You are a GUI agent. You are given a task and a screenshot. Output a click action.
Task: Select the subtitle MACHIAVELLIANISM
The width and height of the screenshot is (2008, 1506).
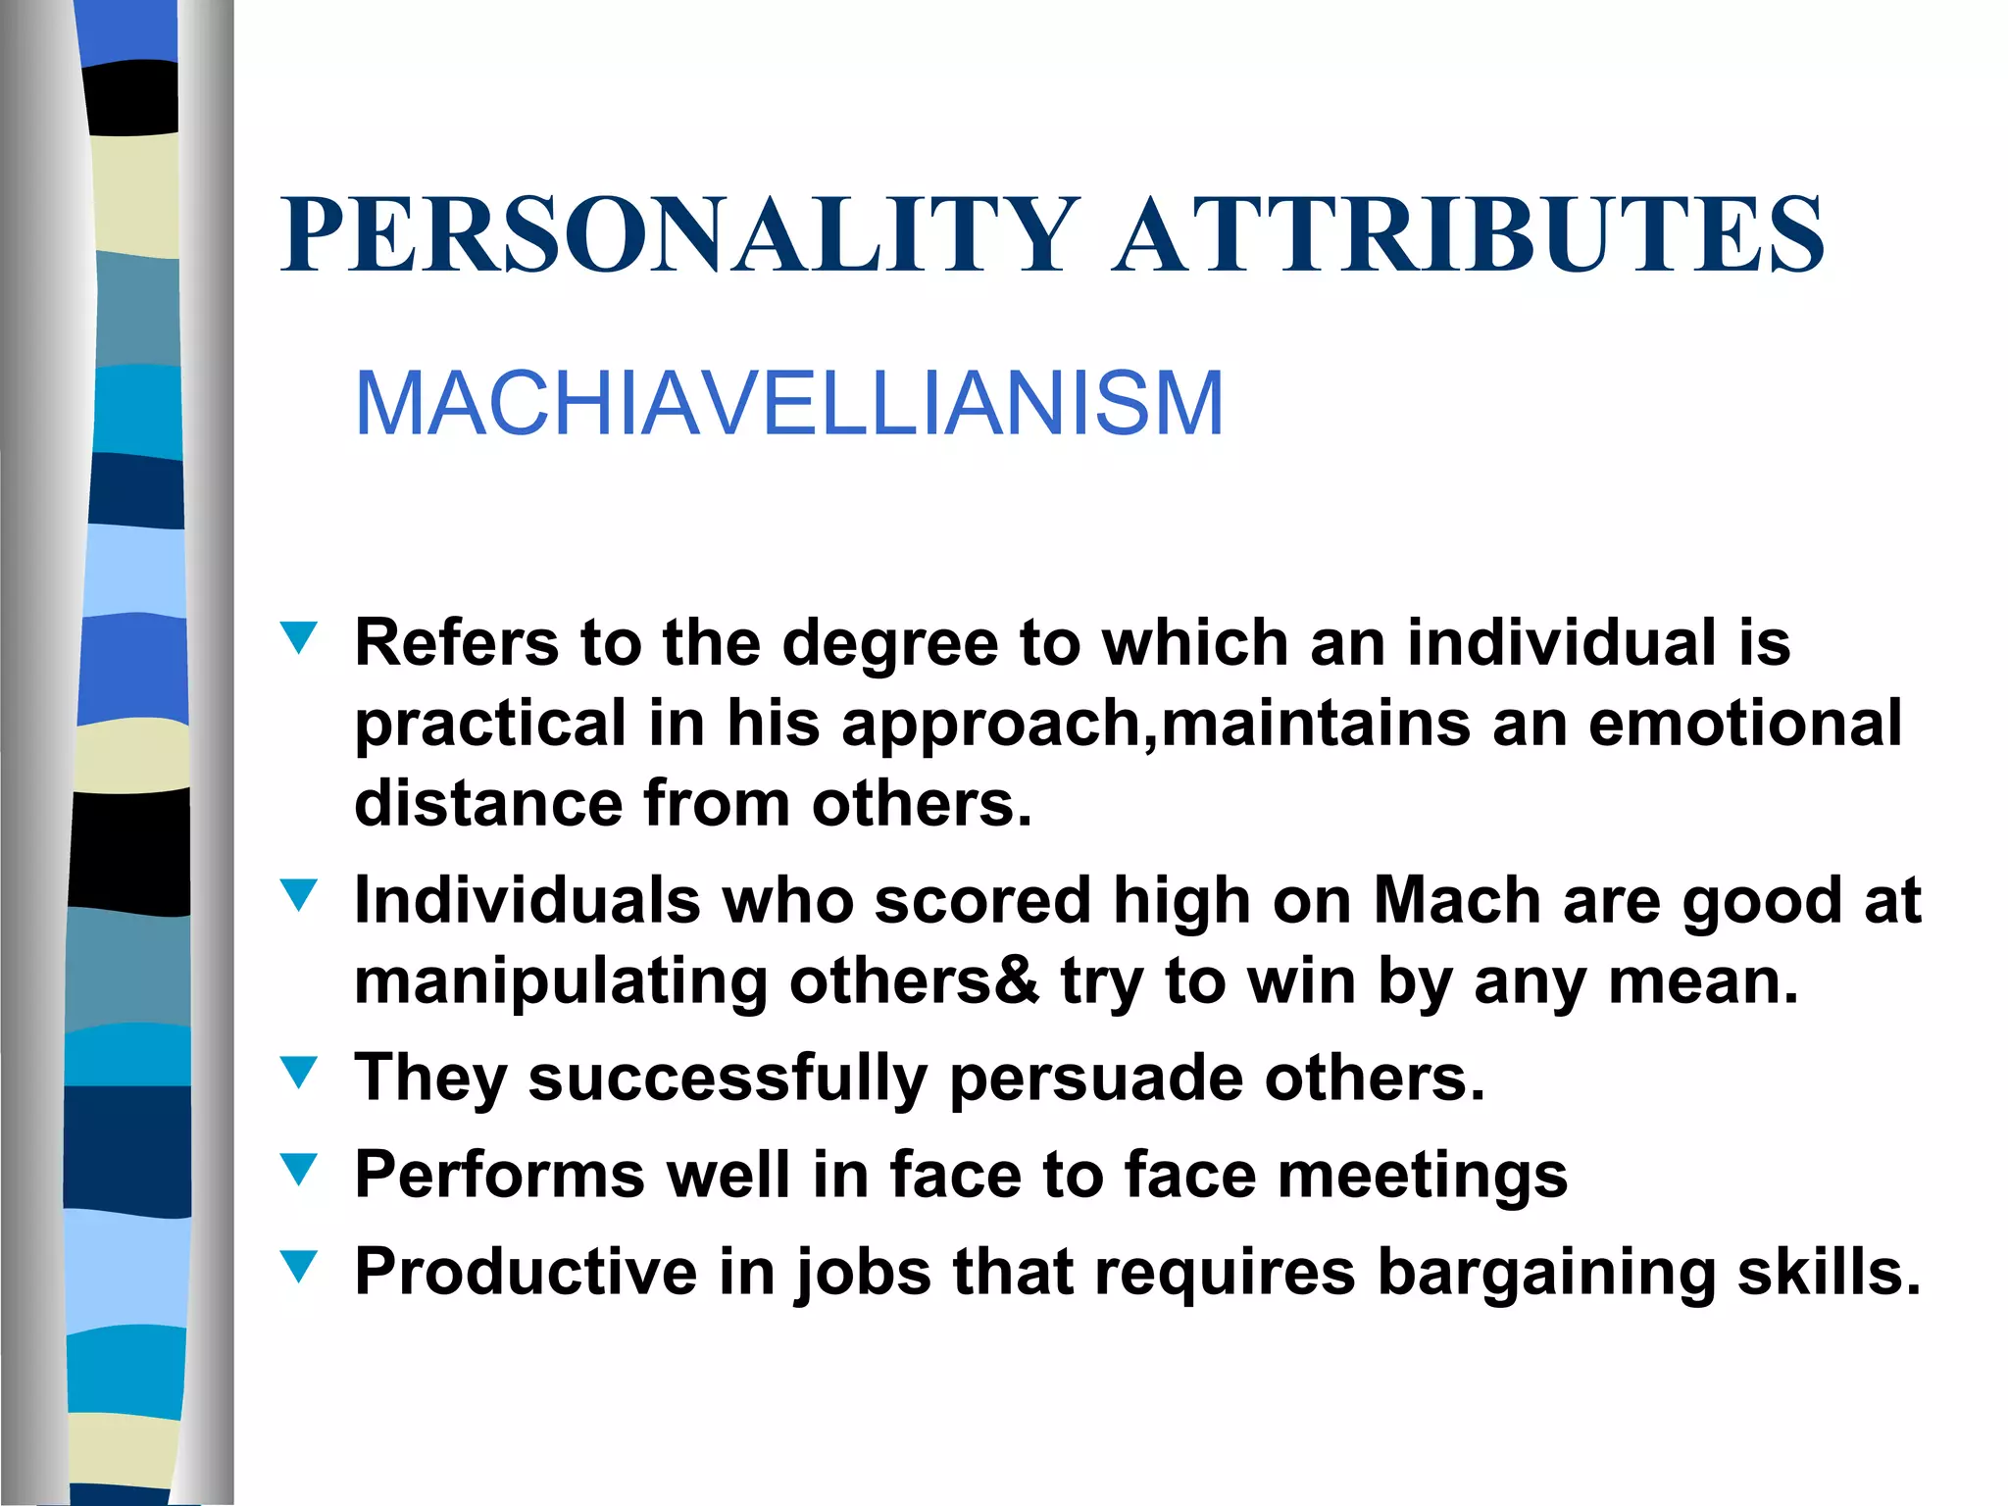(x=788, y=404)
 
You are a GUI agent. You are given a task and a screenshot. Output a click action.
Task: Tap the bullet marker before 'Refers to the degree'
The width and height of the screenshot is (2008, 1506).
(x=299, y=638)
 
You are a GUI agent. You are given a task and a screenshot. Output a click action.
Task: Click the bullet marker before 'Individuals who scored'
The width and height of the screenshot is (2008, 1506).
(x=299, y=895)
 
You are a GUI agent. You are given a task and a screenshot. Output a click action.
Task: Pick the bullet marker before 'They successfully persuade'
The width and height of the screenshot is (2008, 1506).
(x=299, y=1073)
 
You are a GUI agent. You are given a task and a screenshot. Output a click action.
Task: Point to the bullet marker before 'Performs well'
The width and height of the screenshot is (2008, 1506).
(x=299, y=1169)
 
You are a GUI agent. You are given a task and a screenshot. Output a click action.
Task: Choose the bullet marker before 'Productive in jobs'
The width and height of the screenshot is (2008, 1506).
(x=299, y=1266)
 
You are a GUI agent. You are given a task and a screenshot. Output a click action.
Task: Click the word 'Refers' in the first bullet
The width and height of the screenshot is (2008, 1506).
(x=456, y=643)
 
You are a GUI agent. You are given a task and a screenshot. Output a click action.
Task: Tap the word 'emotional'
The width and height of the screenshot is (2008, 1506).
(x=1745, y=724)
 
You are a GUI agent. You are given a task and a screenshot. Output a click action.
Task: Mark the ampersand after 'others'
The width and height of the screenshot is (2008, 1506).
(x=1016, y=980)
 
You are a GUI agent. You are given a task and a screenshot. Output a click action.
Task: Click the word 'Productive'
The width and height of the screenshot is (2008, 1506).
(x=526, y=1272)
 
